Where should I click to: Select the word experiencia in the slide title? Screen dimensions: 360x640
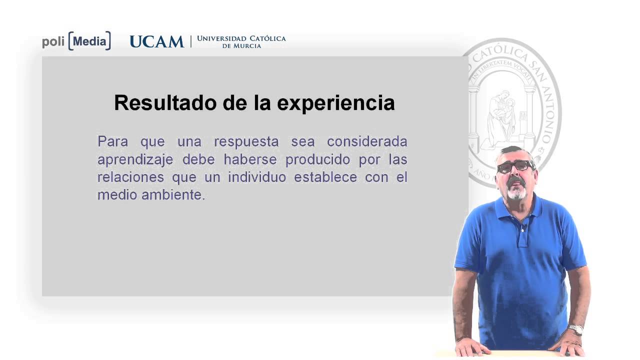click(x=335, y=103)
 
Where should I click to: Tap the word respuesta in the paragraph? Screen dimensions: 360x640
click(x=246, y=141)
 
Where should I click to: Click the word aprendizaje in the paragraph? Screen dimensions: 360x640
click(x=135, y=159)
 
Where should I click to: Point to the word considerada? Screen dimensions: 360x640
click(x=367, y=141)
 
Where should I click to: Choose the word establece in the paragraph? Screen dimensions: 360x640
click(x=325, y=177)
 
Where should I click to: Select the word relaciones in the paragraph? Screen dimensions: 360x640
click(x=130, y=177)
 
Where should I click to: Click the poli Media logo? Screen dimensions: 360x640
click(x=76, y=41)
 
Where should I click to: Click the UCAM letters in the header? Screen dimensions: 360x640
click(x=156, y=41)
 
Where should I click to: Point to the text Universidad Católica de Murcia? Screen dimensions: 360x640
click(x=241, y=41)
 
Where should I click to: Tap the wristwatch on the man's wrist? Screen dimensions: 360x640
click(x=576, y=329)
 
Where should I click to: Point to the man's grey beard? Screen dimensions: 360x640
click(x=516, y=191)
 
